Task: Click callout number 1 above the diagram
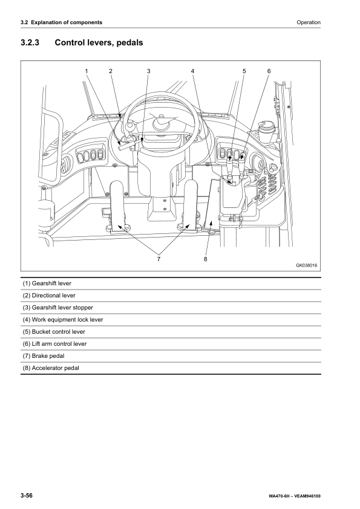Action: (x=87, y=71)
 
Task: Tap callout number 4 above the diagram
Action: (x=192, y=71)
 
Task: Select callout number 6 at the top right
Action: (x=269, y=71)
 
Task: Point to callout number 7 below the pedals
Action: (x=159, y=259)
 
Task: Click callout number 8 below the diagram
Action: (x=205, y=259)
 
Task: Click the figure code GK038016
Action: (x=306, y=265)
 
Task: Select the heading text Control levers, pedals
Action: (x=99, y=42)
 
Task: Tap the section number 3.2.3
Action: (x=30, y=42)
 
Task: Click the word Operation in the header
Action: (x=309, y=22)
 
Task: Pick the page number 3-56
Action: (x=27, y=496)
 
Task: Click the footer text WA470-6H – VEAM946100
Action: (x=295, y=496)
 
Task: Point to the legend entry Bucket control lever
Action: (x=54, y=331)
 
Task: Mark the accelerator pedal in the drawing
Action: (x=212, y=204)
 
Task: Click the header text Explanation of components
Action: (x=67, y=22)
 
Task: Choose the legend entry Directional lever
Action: (x=49, y=296)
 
